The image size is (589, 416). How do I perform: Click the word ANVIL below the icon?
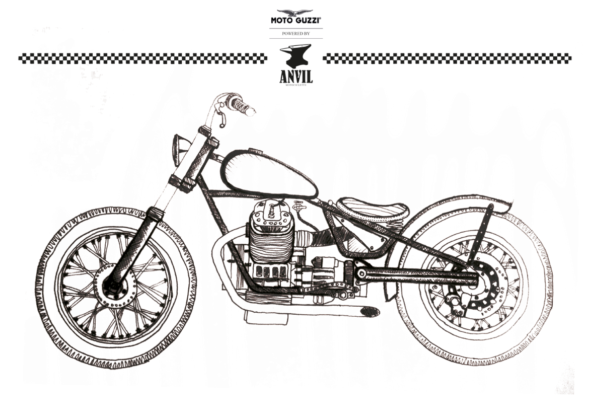pos(296,76)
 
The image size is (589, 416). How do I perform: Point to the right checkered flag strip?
pos(447,58)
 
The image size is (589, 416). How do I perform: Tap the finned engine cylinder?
pos(269,242)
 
